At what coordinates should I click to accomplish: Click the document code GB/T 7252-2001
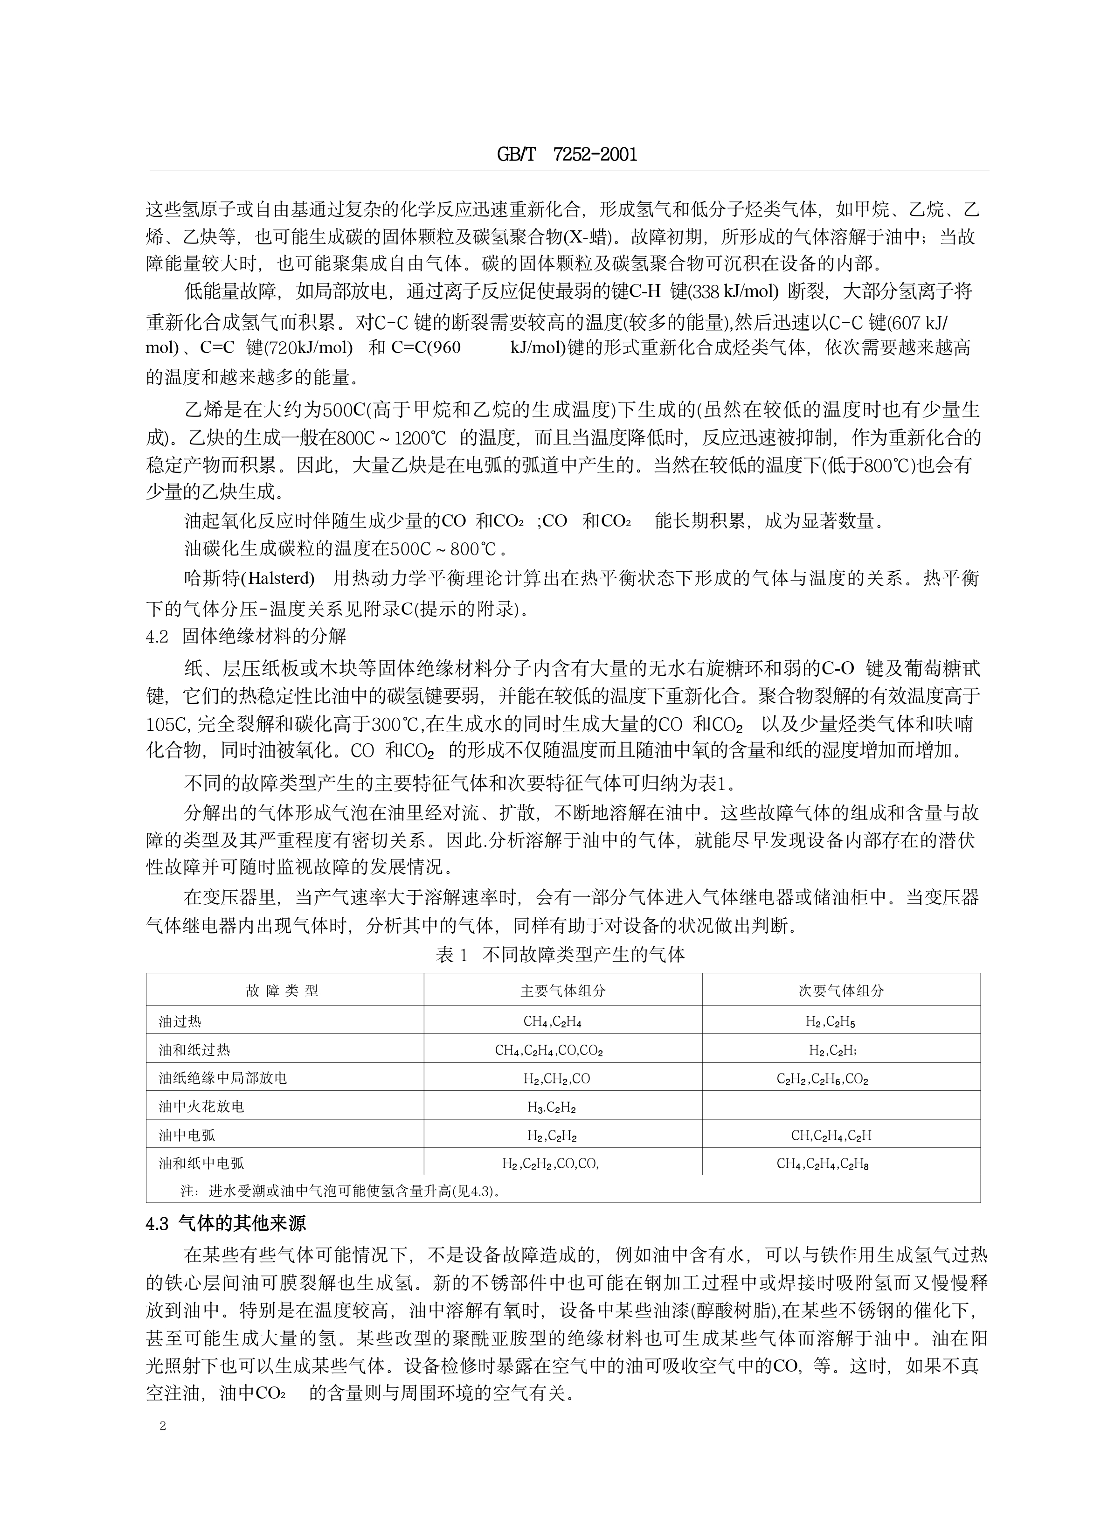[567, 154]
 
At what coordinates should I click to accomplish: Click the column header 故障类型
[283, 991]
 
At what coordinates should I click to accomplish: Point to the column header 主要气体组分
[562, 991]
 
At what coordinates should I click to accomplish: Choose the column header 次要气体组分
[841, 991]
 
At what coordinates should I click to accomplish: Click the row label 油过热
[180, 1022]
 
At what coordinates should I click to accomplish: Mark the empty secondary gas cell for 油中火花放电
[841, 1107]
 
